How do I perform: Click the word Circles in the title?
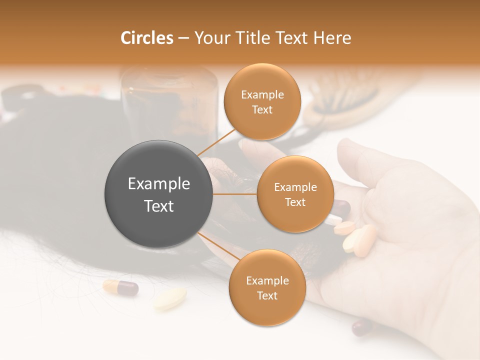(x=146, y=38)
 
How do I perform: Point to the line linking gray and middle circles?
(x=235, y=194)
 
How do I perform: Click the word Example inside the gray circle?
(x=158, y=184)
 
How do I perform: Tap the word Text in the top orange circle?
(x=262, y=109)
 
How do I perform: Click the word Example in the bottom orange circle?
(x=267, y=280)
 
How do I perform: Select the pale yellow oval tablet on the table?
(x=170, y=298)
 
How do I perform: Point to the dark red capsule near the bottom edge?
(x=362, y=327)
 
